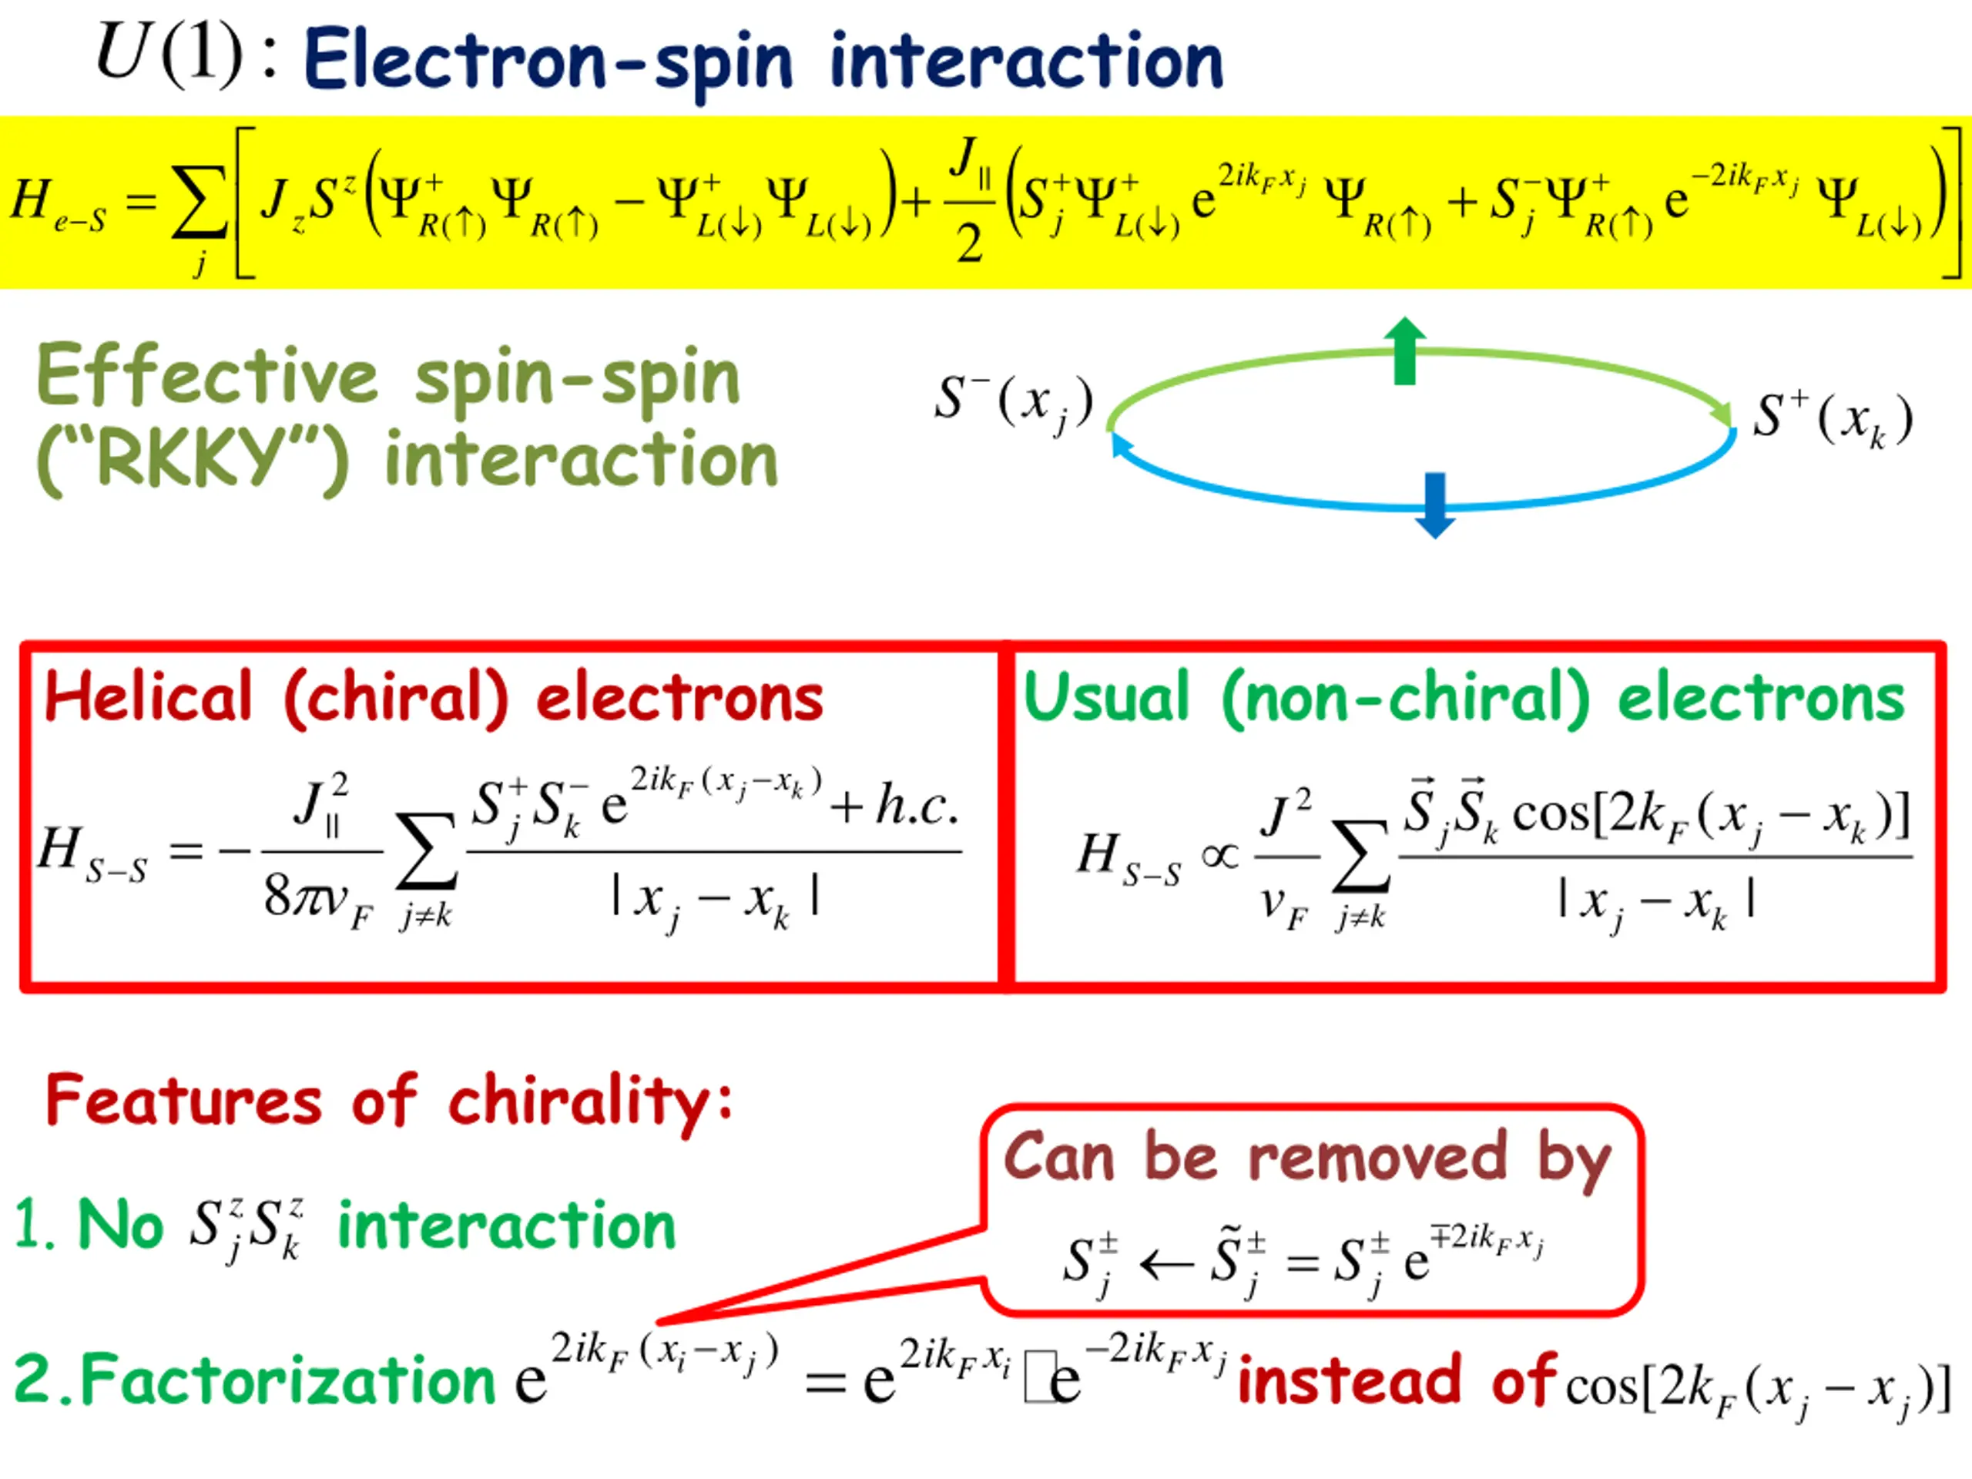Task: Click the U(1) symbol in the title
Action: tap(169, 55)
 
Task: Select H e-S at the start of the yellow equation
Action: tap(59, 203)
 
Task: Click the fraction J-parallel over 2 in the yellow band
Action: tap(969, 200)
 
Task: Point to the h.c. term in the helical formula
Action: tap(917, 805)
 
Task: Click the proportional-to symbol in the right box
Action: tap(1219, 857)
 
